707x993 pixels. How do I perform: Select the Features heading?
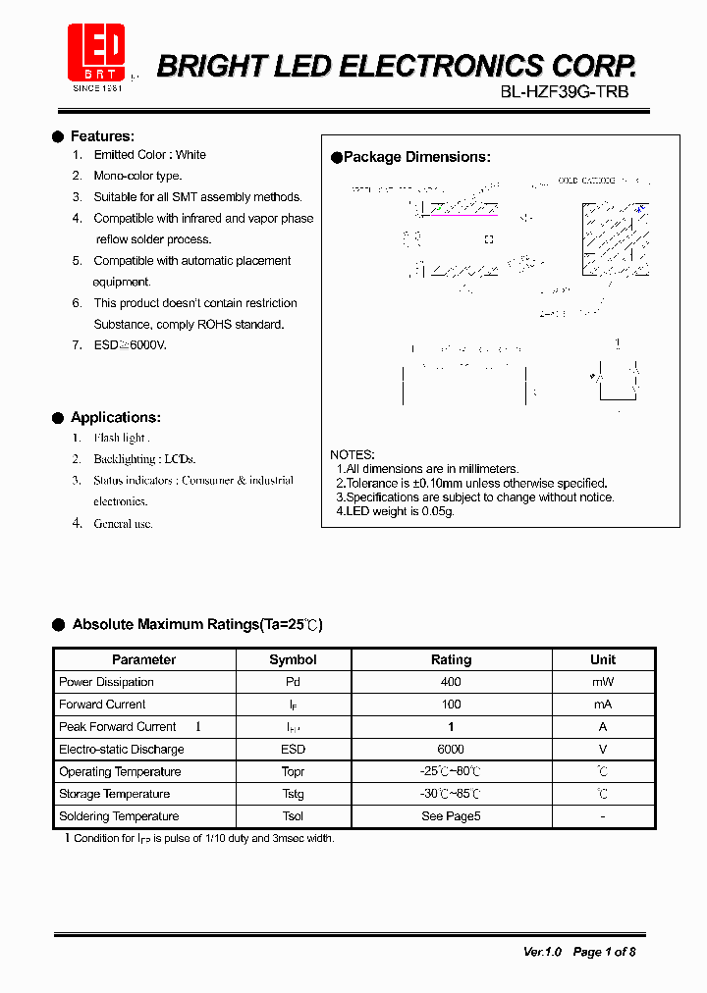(102, 136)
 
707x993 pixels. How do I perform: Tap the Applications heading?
(115, 417)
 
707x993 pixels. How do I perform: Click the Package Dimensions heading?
(416, 157)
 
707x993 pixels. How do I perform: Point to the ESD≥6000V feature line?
(130, 345)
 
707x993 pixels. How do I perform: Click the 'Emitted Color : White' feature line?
(149, 155)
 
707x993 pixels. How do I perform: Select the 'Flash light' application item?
(121, 438)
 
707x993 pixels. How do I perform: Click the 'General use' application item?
(123, 524)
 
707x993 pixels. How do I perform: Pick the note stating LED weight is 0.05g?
(395, 511)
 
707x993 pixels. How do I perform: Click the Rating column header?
(451, 659)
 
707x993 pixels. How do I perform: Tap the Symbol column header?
(293, 659)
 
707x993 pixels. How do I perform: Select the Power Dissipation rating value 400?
(451, 682)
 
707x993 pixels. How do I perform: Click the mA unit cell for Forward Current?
(602, 705)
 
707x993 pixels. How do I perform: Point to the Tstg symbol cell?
(293, 794)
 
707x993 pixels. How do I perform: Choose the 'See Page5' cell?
(451, 816)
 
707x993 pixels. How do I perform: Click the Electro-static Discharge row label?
(121, 750)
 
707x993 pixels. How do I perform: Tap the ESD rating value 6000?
(451, 750)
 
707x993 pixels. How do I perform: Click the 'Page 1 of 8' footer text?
(604, 952)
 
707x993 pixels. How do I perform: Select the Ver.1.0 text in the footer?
(542, 952)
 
